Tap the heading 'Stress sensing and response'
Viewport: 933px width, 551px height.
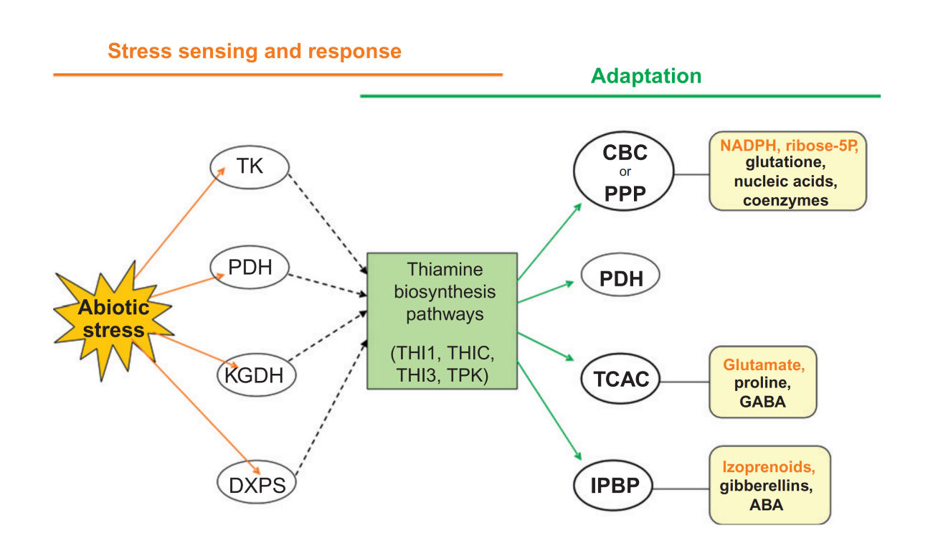[255, 51]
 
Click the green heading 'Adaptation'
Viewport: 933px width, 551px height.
[646, 76]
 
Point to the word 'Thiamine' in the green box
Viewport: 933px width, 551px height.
[445, 270]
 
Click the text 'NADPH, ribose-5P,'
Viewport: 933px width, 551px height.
[790, 146]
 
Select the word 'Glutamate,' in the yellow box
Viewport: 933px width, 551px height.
[764, 364]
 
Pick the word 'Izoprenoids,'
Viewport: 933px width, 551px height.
[769, 467]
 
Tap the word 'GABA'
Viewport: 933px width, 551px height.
[762, 402]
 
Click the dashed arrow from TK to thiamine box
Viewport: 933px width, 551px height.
[328, 223]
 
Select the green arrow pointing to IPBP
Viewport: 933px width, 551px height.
[549, 410]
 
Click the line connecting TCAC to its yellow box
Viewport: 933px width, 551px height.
[685, 382]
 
